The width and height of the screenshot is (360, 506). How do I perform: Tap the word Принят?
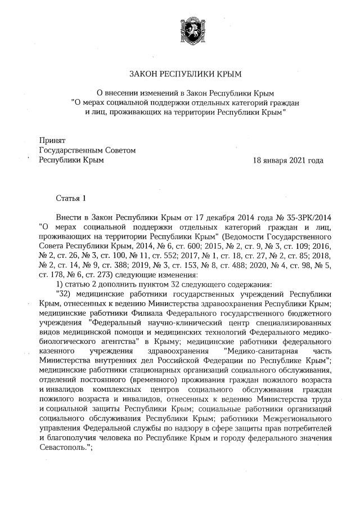point(52,140)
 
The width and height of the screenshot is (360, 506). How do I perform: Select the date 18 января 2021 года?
point(289,160)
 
